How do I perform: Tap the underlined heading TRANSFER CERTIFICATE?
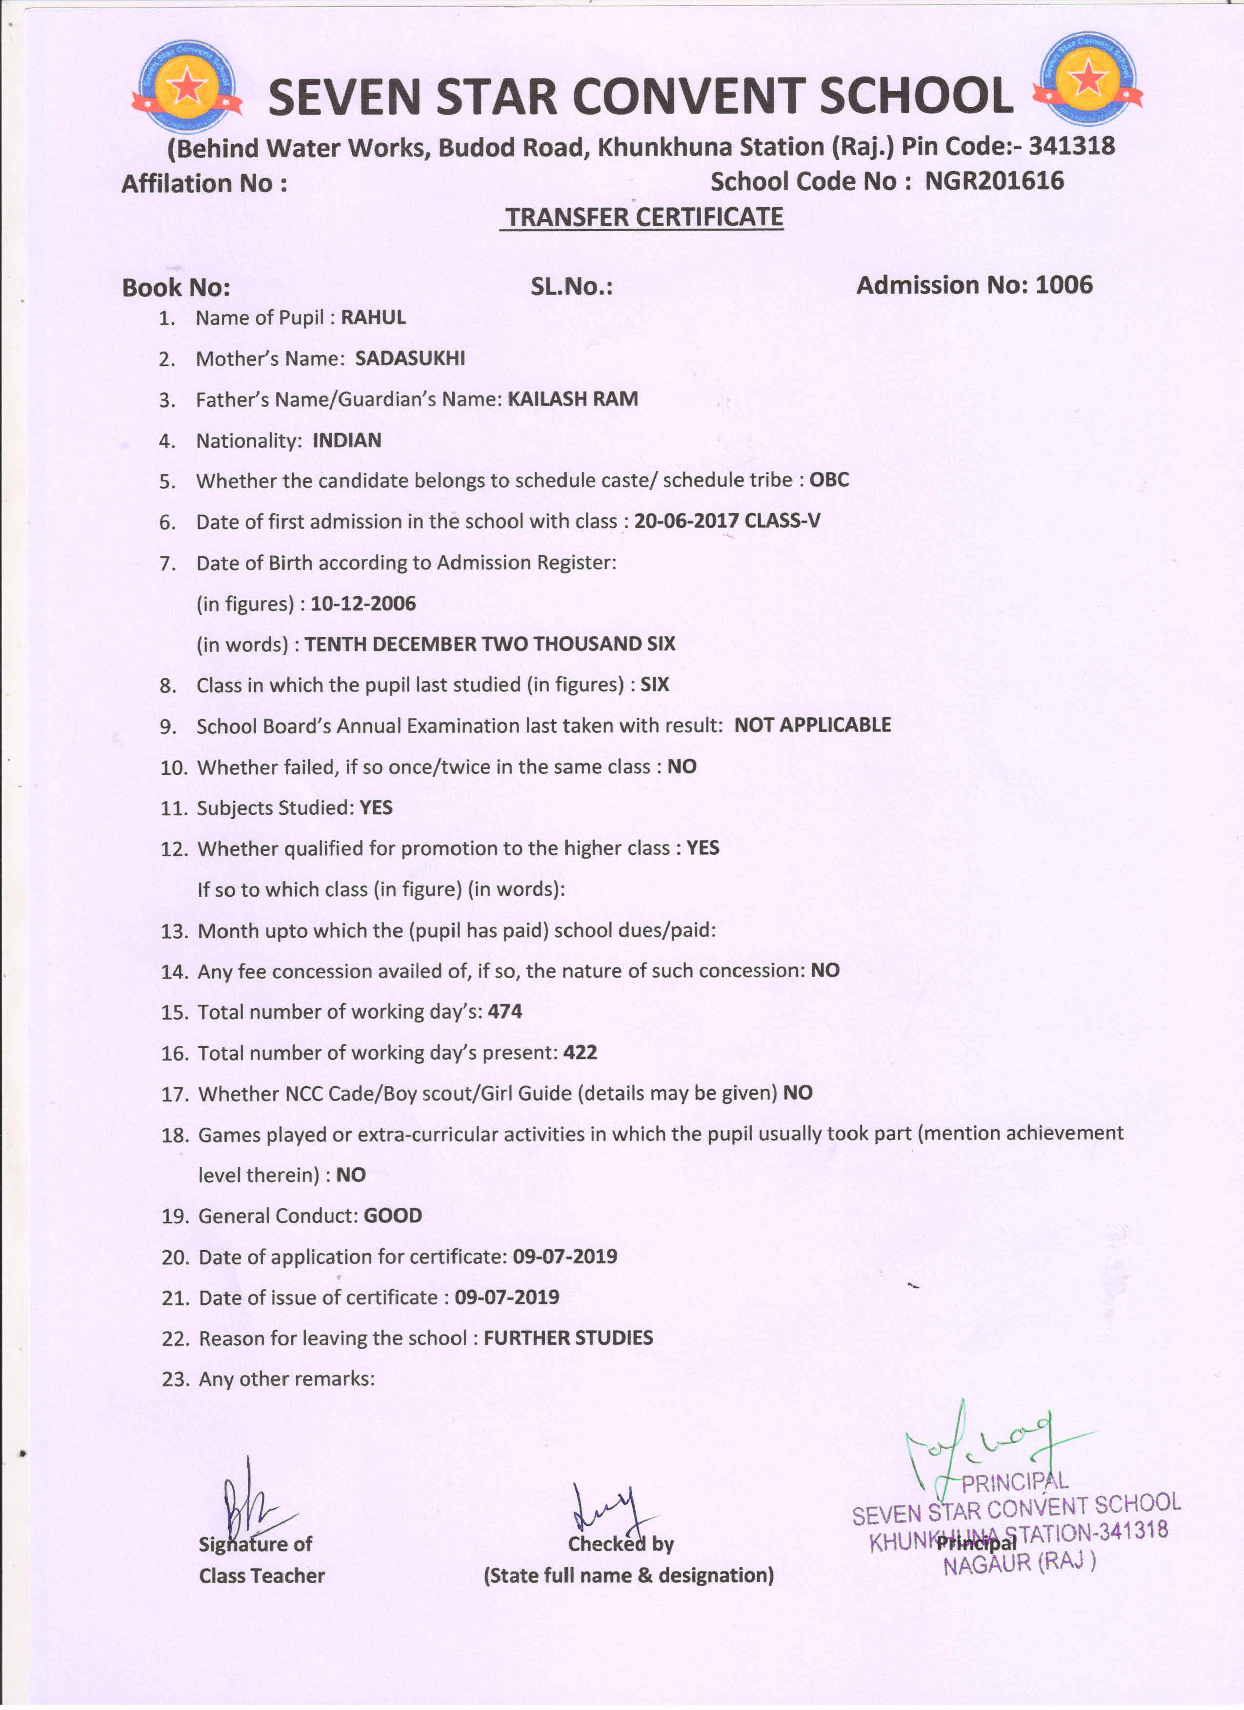(643, 217)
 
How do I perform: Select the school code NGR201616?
(994, 181)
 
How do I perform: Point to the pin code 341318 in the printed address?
(1071, 145)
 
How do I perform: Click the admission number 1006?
(1063, 285)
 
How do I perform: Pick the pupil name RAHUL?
(373, 317)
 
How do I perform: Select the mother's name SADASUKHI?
(410, 358)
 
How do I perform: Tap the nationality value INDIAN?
(347, 440)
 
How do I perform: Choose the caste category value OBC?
(829, 480)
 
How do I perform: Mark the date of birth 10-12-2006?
(363, 604)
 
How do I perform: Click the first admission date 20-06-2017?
(686, 521)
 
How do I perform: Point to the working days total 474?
(505, 1012)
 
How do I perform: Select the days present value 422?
(580, 1053)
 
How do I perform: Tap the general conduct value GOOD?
(392, 1216)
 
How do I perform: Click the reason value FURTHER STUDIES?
(568, 1338)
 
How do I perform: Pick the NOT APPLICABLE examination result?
(812, 726)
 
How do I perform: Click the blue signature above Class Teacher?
(249, 1500)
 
